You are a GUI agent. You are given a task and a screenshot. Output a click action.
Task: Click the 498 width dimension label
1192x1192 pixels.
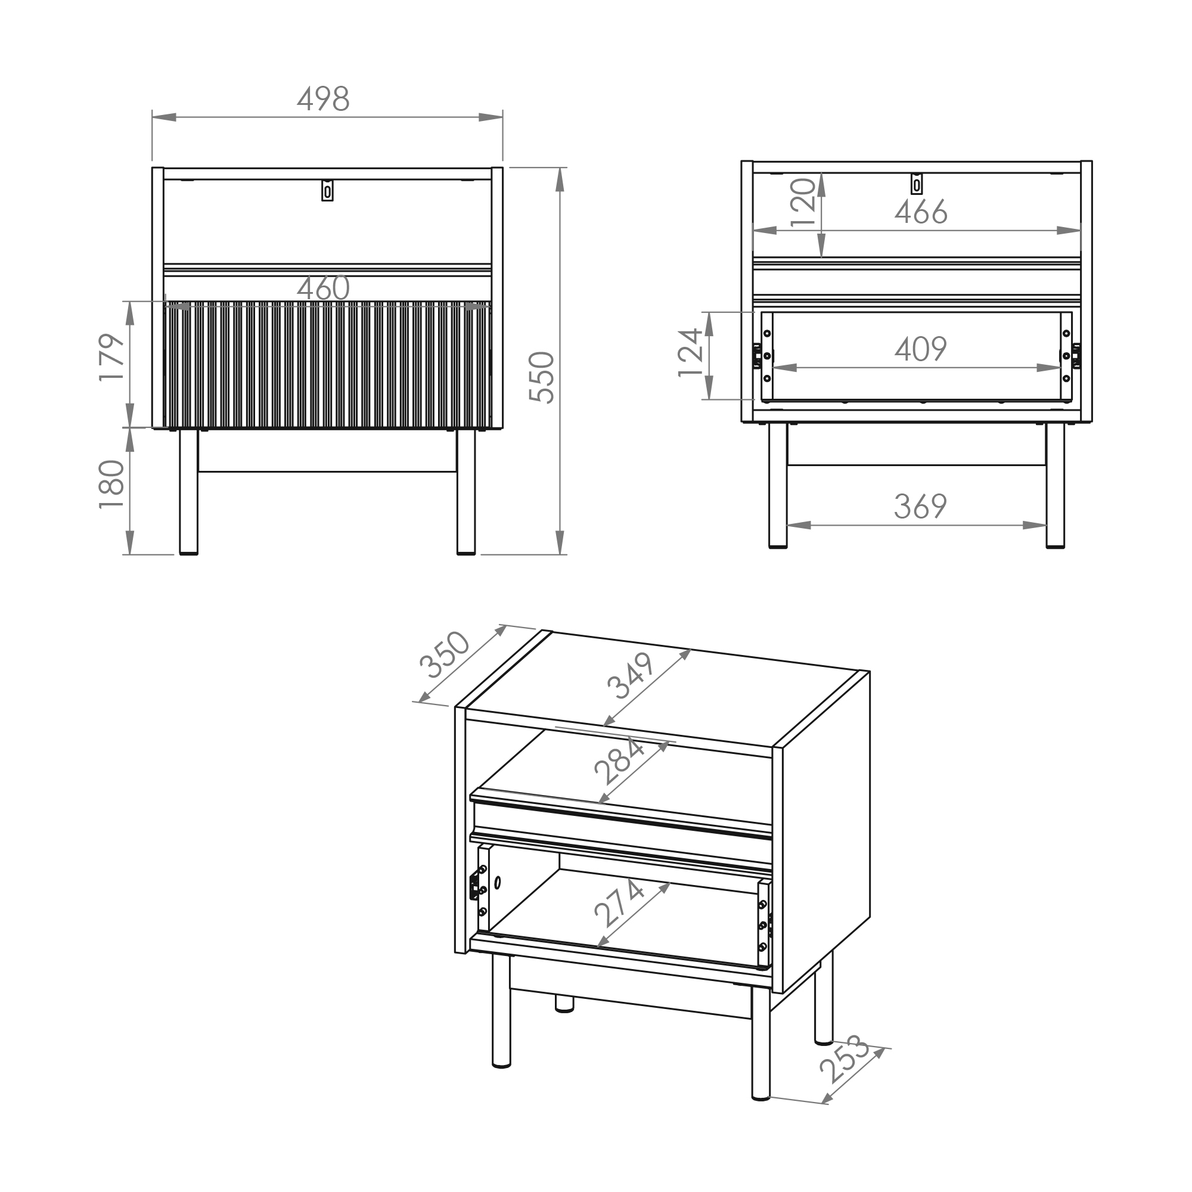pyautogui.click(x=323, y=99)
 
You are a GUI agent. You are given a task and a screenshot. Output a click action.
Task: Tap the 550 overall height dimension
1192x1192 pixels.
pyautogui.click(x=543, y=377)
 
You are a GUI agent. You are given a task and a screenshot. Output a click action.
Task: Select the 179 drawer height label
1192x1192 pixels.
pyautogui.click(x=112, y=358)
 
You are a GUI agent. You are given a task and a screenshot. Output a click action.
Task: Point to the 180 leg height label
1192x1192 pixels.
pyautogui.click(x=112, y=485)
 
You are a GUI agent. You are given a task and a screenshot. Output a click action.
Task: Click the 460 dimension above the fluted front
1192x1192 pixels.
pyautogui.click(x=323, y=288)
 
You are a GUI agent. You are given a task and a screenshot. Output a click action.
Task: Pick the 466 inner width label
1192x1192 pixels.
pyautogui.click(x=921, y=212)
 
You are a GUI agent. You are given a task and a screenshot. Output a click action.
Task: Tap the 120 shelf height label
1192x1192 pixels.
pyautogui.click(x=803, y=203)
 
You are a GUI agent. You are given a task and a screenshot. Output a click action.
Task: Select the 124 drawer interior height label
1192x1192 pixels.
pyautogui.click(x=691, y=353)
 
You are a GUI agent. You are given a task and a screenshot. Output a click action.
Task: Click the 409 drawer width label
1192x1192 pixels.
pyautogui.click(x=921, y=349)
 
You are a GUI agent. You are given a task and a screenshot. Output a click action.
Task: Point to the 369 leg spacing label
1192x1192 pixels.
pyautogui.click(x=921, y=507)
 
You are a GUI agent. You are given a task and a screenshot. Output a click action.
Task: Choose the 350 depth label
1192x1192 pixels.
pyautogui.click(x=444, y=654)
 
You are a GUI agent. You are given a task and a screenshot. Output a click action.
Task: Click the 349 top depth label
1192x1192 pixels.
pyautogui.click(x=631, y=676)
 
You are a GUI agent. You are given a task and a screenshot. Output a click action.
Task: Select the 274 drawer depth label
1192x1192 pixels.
pyautogui.click(x=619, y=904)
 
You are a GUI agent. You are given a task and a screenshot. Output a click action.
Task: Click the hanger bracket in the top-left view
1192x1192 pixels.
pyautogui.click(x=328, y=190)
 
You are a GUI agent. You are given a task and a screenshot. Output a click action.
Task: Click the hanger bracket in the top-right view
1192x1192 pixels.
pyautogui.click(x=917, y=184)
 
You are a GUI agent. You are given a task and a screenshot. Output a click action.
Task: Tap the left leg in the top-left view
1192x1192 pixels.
pyautogui.click(x=189, y=492)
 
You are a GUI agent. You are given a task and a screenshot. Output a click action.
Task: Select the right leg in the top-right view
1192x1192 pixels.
pyautogui.click(x=1056, y=486)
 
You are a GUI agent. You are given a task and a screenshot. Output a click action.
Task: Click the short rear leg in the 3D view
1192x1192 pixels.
pyautogui.click(x=564, y=1004)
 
